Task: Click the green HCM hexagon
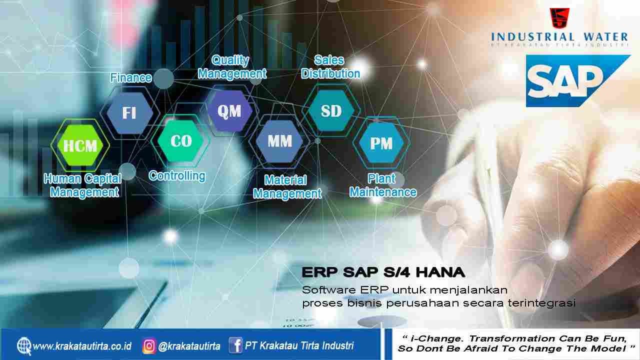point(80,145)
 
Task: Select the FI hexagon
point(129,113)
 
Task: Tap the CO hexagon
point(180,140)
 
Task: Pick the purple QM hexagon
point(229,111)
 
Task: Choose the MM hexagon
point(279,141)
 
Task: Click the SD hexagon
point(331,110)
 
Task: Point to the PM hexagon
point(381,143)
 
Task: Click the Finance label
point(131,77)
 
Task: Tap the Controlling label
point(177,176)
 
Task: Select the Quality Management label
point(232,67)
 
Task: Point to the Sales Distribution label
point(330,67)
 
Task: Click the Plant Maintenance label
point(383,185)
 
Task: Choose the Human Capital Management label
point(83,185)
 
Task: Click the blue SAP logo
point(577,81)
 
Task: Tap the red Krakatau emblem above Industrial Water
point(559,18)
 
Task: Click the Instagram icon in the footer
point(149,345)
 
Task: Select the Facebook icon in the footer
point(235,345)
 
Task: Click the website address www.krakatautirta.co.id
point(82,346)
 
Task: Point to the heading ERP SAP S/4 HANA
point(383,272)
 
